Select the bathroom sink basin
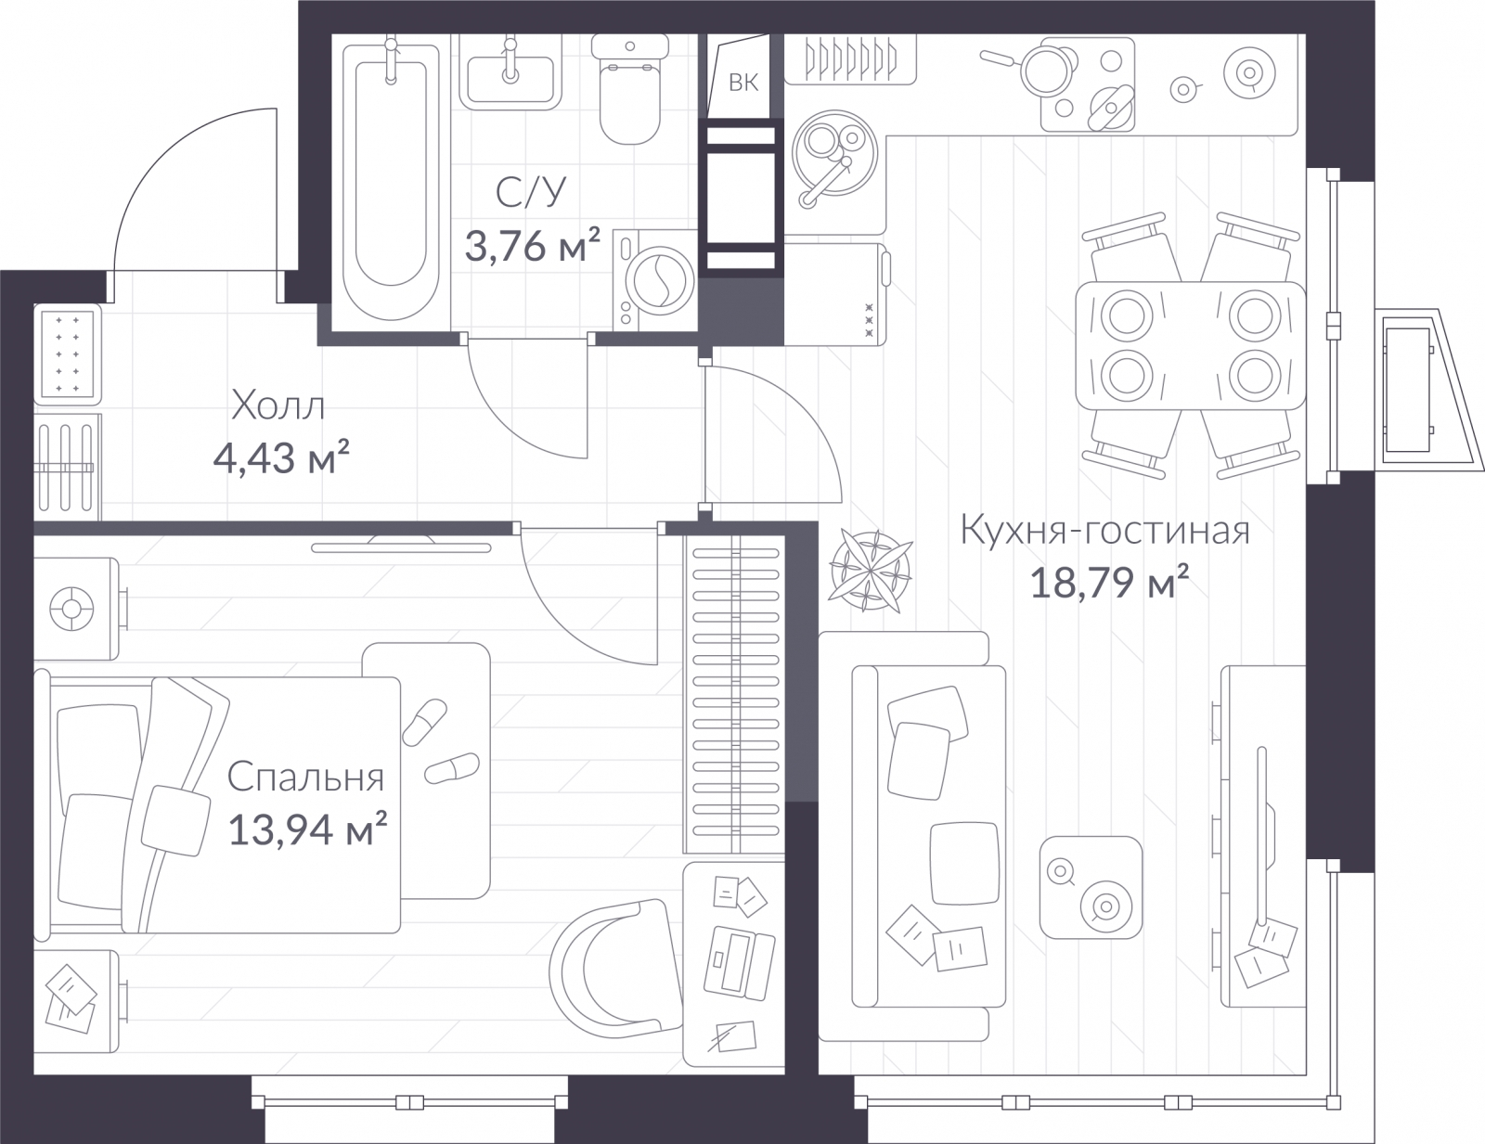point(510,79)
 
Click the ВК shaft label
point(743,83)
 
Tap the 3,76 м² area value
point(533,245)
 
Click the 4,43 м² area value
point(281,456)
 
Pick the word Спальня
point(305,778)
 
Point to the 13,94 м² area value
point(307,829)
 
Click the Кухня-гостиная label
point(1105,530)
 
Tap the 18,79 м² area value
point(1109,582)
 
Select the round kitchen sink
point(834,153)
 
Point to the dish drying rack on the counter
point(850,60)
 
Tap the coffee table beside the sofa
point(1091,887)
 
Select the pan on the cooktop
point(1036,69)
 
